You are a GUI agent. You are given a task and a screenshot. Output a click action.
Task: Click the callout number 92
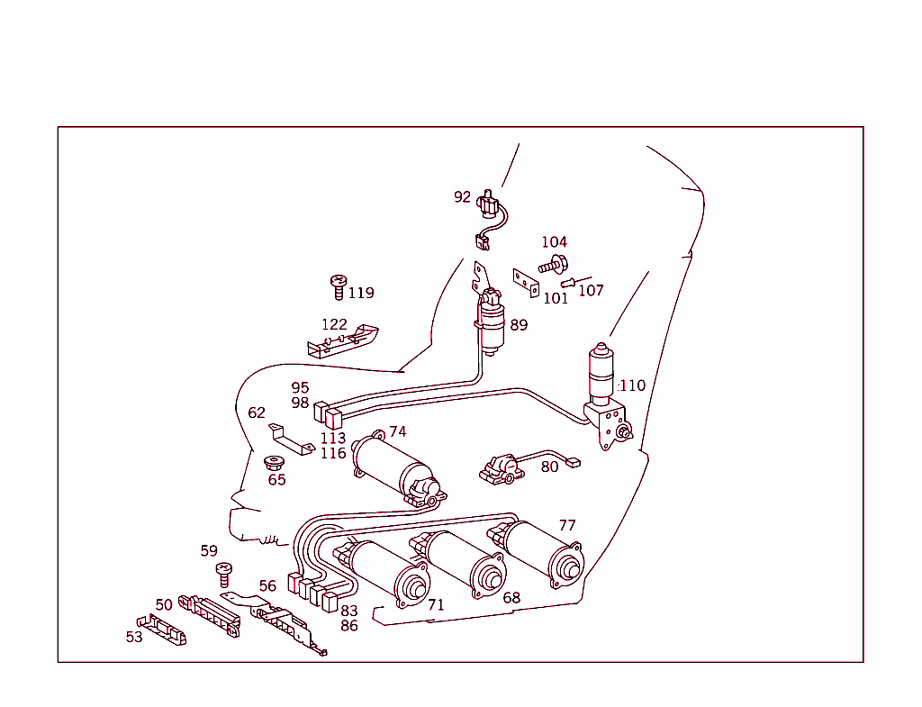click(x=462, y=196)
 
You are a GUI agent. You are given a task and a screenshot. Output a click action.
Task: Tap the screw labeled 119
click(x=339, y=287)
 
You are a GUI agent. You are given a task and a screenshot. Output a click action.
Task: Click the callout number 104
click(x=554, y=242)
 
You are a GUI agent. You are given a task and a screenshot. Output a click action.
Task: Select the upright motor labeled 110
click(x=601, y=371)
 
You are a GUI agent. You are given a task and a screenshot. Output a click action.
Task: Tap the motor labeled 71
click(x=387, y=573)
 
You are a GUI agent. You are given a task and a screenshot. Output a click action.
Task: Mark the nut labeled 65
click(x=273, y=464)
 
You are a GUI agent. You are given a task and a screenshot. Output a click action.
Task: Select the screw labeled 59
click(x=225, y=571)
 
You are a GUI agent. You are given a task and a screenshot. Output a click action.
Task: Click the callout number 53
click(x=134, y=637)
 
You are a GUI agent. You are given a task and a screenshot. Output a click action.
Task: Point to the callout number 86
click(x=349, y=626)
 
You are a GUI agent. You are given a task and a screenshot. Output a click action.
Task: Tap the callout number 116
click(x=333, y=453)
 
